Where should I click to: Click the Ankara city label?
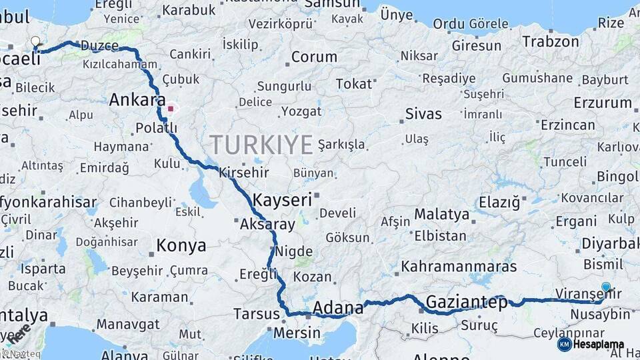point(137,100)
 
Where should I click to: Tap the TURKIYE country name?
point(261,144)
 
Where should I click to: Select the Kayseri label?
point(282,199)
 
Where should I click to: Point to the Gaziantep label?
point(466,301)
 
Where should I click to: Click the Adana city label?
point(338,308)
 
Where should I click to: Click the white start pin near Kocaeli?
point(35,42)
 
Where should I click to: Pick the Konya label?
point(181,245)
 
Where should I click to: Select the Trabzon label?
point(551,41)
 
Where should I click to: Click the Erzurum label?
point(602,103)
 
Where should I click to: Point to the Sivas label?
point(423,113)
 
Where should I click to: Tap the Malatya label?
point(441,214)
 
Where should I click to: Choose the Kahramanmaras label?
point(459,266)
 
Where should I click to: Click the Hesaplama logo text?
point(599,345)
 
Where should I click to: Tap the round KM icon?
point(565,344)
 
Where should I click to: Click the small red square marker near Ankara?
point(171,108)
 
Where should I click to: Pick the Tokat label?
point(353,83)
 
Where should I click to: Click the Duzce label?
point(99,46)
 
